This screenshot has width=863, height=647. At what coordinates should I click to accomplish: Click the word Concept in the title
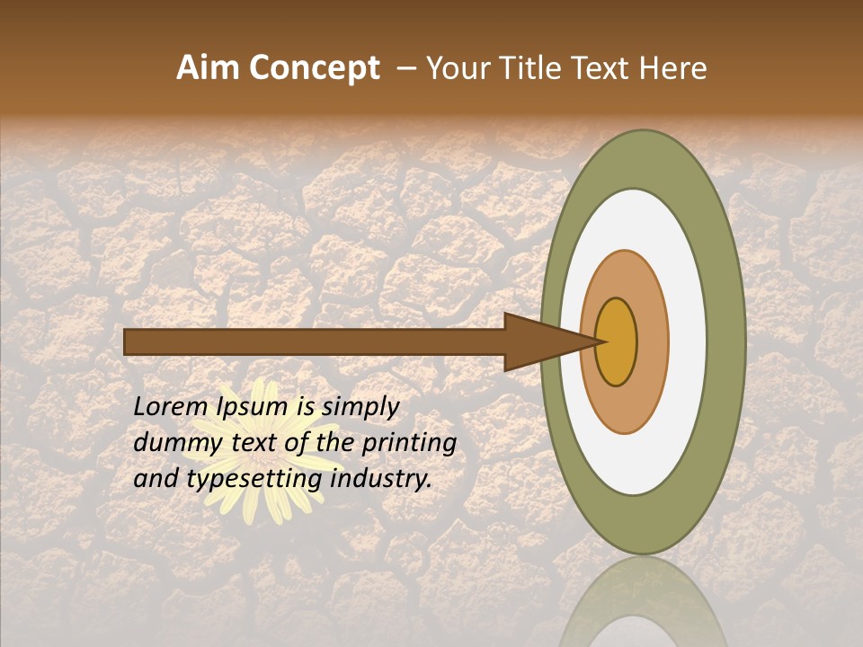tap(313, 68)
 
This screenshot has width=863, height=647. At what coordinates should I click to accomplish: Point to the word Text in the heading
tap(604, 68)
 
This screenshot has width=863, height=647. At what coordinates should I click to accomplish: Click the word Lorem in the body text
tap(172, 407)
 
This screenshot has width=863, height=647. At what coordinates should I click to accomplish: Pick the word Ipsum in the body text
tap(251, 407)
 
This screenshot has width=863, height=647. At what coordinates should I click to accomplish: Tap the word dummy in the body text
tap(172, 443)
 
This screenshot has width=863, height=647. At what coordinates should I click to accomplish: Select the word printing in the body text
tap(408, 443)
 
